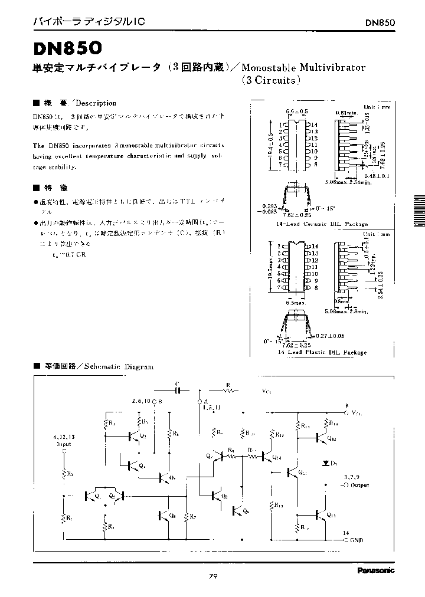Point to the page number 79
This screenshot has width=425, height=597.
(213, 576)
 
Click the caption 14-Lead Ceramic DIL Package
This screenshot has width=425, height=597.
(322, 224)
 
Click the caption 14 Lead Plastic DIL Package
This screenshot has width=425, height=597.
(322, 352)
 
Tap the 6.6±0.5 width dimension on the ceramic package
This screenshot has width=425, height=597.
(296, 111)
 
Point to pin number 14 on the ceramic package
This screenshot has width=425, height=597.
(315, 125)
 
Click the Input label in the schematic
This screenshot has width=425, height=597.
(63, 444)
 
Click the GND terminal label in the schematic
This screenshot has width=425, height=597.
(356, 539)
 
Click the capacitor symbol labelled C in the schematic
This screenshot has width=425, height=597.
(176, 389)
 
